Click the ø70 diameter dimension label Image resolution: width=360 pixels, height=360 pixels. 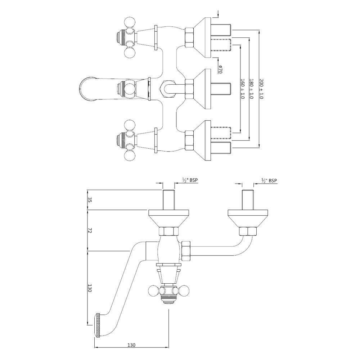point(220,69)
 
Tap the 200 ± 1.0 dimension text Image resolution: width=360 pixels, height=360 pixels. point(261,89)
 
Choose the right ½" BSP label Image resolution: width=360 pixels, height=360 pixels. point(269,181)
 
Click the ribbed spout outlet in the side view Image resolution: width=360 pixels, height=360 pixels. point(97,325)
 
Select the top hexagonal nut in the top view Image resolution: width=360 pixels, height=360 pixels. point(189,38)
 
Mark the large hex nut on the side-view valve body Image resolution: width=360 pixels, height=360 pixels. point(186,251)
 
